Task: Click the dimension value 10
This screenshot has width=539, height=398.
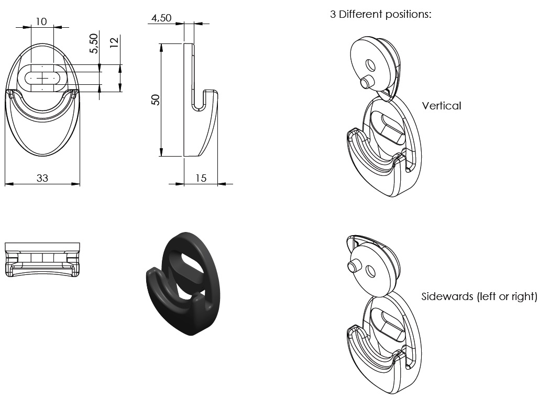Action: point(41,21)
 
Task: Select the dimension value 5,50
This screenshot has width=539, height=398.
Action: point(94,43)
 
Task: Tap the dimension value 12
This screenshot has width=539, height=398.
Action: point(115,42)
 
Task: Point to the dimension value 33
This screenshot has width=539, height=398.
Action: point(42,178)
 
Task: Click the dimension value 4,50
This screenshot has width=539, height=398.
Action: point(161,18)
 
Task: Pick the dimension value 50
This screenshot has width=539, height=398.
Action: point(156,100)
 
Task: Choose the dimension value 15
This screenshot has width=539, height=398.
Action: point(201,178)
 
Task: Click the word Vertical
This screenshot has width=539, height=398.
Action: point(442,106)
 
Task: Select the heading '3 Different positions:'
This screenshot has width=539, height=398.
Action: point(380,14)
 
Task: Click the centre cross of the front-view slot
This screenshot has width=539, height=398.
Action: point(42,78)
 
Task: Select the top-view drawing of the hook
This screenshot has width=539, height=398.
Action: point(42,259)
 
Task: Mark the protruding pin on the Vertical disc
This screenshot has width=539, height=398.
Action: point(365,82)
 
